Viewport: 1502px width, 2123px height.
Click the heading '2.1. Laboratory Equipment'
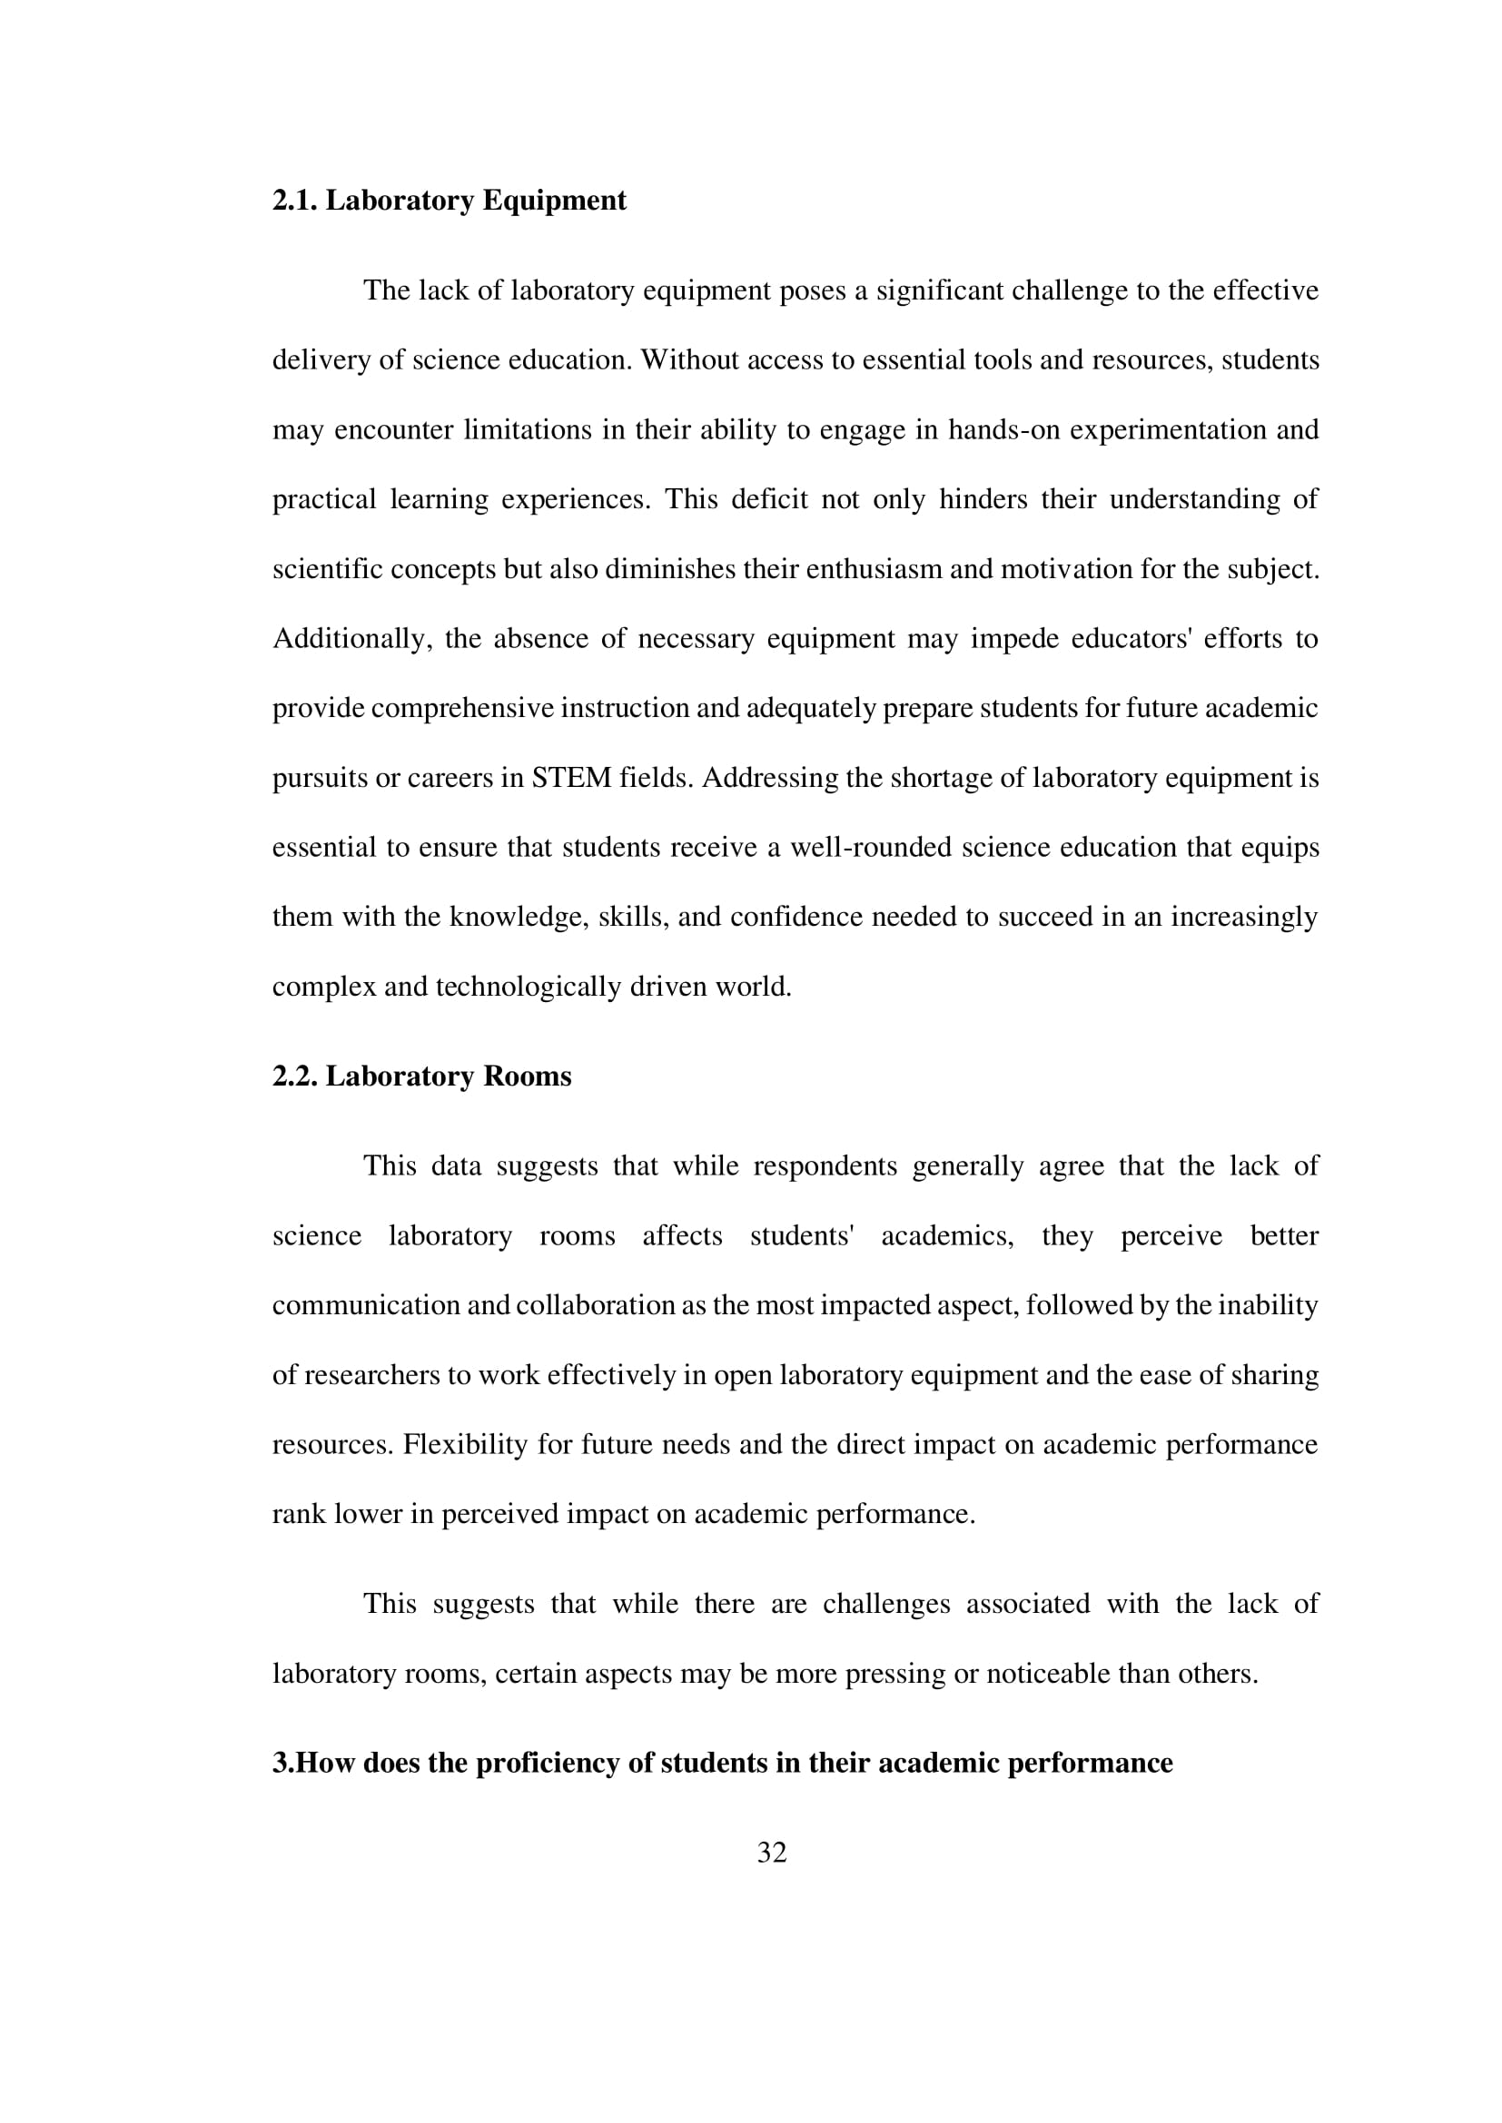[x=449, y=201]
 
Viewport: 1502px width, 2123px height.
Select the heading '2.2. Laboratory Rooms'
[x=421, y=1076]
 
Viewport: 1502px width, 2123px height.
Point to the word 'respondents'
[x=825, y=1166]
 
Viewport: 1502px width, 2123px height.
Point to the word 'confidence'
[x=795, y=918]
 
